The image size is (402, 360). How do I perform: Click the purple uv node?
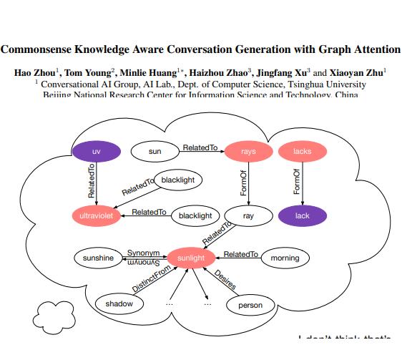pyautogui.click(x=96, y=152)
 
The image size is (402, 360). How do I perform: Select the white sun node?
pyautogui.click(x=155, y=152)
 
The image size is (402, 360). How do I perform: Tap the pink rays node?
pyautogui.click(x=248, y=152)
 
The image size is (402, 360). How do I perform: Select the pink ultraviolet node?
pyautogui.click(x=97, y=215)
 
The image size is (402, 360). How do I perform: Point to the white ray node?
pyautogui.click(x=248, y=215)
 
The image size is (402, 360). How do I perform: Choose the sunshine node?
pyautogui.click(x=98, y=258)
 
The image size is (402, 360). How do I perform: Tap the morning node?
pyautogui.click(x=285, y=258)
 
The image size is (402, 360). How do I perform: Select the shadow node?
pyautogui.click(x=119, y=304)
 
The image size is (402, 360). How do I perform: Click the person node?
pyautogui.click(x=250, y=305)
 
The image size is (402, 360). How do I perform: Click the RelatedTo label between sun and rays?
pyautogui.click(x=200, y=147)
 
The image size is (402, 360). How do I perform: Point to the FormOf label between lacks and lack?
pyautogui.click(x=297, y=183)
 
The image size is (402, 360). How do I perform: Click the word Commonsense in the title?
pyautogui.click(x=39, y=49)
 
